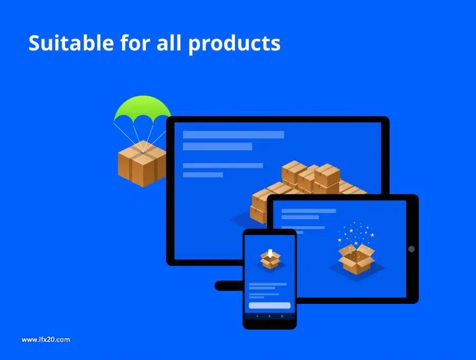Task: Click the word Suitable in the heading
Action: (71, 42)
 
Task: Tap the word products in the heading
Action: (234, 44)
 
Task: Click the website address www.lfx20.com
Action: (46, 340)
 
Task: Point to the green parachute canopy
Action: (142, 108)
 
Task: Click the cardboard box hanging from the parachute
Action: (142, 164)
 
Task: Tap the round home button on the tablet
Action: (411, 249)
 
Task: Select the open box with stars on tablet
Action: (356, 258)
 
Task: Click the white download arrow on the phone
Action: (270, 253)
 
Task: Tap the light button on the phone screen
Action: (270, 305)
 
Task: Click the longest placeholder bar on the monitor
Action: (233, 134)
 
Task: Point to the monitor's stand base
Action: (229, 285)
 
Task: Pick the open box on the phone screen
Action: (270, 260)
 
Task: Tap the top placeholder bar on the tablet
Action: (309, 211)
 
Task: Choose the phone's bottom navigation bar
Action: (270, 316)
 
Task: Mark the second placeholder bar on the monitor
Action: (217, 147)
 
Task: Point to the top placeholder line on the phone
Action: (268, 284)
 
